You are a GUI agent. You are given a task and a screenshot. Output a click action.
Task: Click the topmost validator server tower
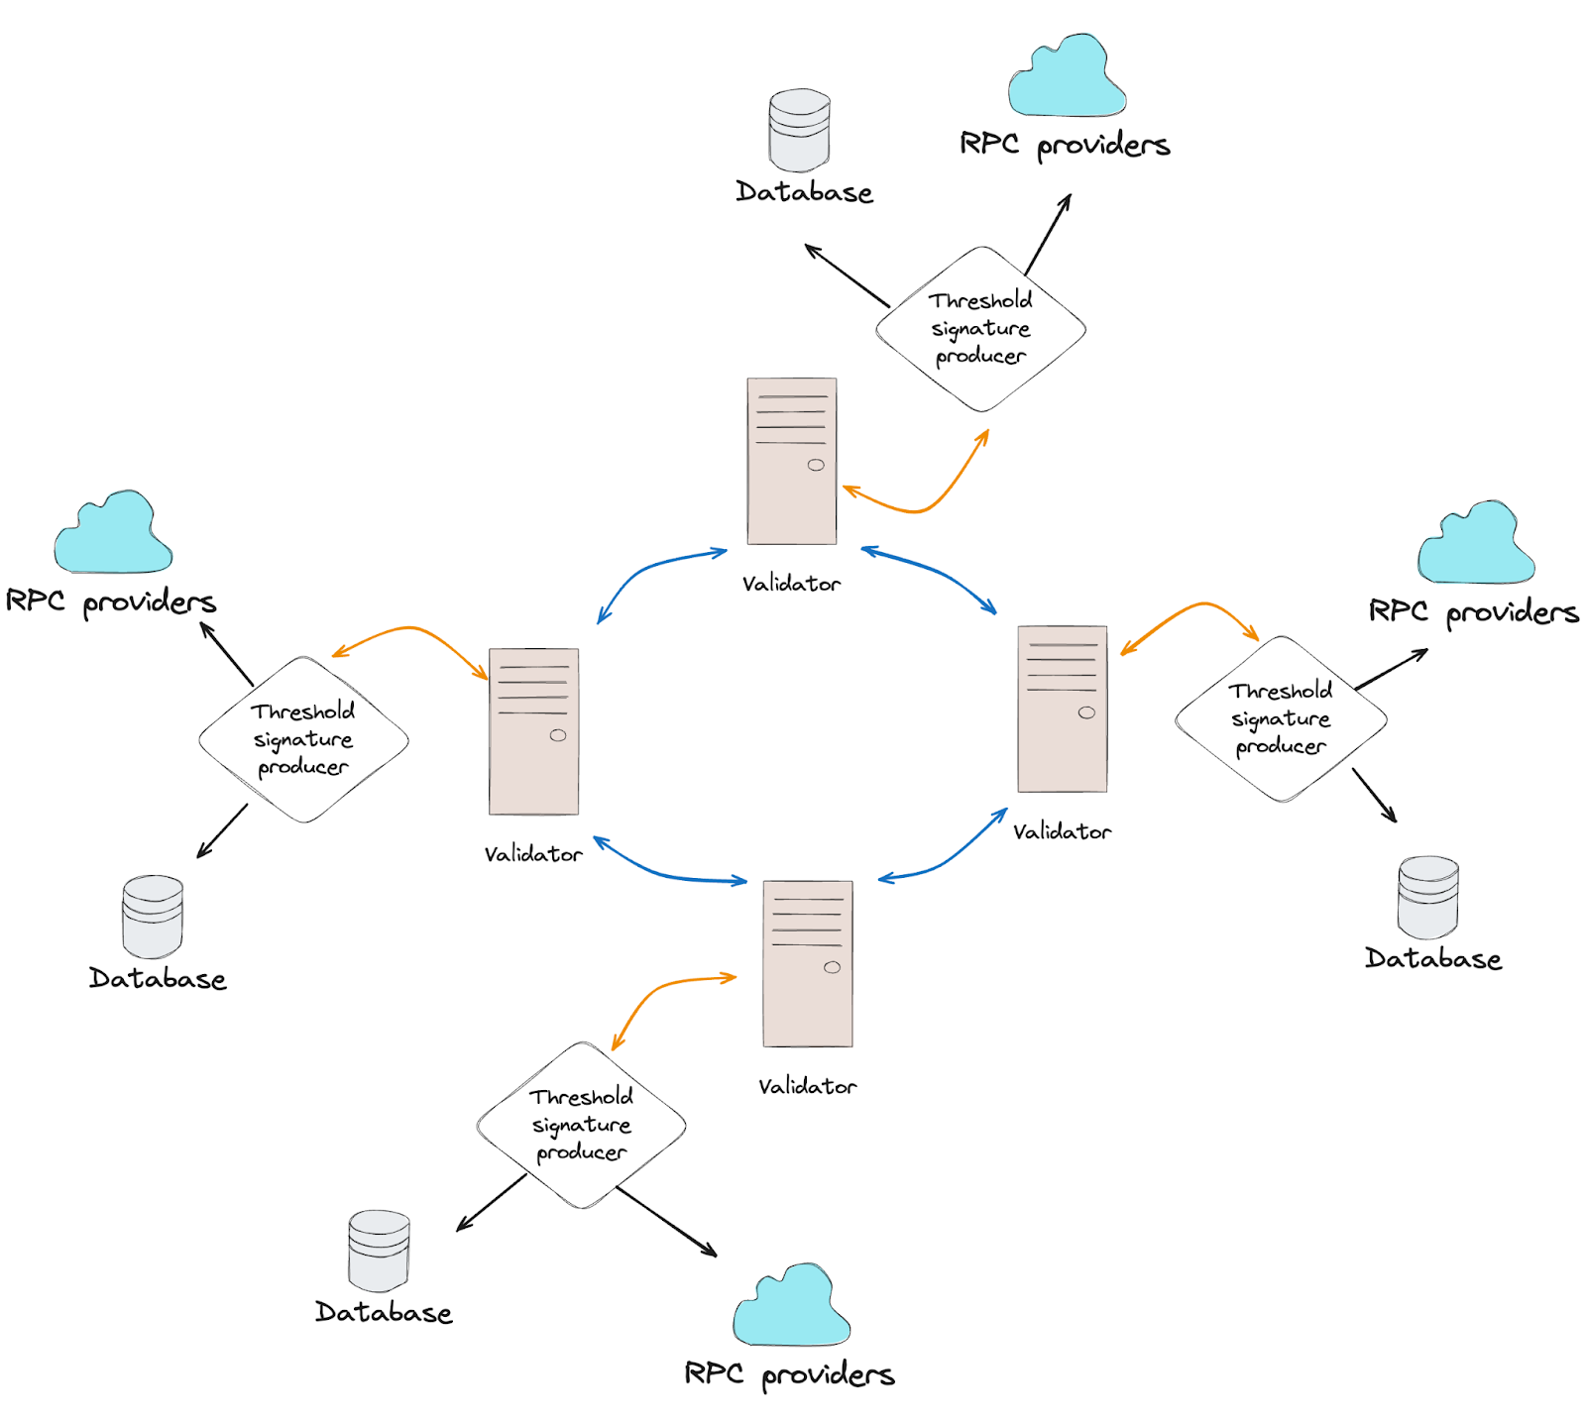pyautogui.click(x=791, y=461)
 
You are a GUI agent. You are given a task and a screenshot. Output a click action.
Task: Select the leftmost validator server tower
pyautogui.click(x=533, y=731)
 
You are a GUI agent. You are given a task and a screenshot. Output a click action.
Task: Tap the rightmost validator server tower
pyautogui.click(x=1062, y=709)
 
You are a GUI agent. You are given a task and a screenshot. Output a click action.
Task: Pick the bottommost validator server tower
pyautogui.click(x=807, y=963)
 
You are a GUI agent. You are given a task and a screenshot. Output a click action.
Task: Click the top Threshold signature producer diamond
pyautogui.click(x=980, y=329)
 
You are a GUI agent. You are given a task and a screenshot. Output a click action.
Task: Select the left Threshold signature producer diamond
pyautogui.click(x=303, y=739)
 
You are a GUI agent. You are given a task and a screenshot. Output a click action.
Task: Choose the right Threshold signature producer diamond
pyautogui.click(x=1281, y=718)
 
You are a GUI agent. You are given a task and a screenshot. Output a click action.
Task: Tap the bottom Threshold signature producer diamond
pyautogui.click(x=581, y=1125)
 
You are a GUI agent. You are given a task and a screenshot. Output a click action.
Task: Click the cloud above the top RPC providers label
pyautogui.click(x=1067, y=79)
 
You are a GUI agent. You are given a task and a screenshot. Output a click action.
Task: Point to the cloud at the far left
pyautogui.click(x=113, y=535)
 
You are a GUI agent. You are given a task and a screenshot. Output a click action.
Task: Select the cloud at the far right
pyautogui.click(x=1476, y=545)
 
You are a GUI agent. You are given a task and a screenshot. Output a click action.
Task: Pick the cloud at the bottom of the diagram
pyautogui.click(x=791, y=1308)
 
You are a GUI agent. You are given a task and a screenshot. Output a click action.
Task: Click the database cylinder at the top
pyautogui.click(x=799, y=131)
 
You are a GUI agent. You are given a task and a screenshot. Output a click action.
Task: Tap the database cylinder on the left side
pyautogui.click(x=153, y=917)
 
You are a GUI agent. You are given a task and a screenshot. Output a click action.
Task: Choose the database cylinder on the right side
pyautogui.click(x=1427, y=898)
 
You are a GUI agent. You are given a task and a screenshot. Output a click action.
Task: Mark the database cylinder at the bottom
pyautogui.click(x=379, y=1251)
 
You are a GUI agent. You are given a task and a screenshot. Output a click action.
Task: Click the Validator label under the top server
pyautogui.click(x=791, y=585)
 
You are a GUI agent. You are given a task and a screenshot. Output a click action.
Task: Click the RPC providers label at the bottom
pyautogui.click(x=789, y=1374)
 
